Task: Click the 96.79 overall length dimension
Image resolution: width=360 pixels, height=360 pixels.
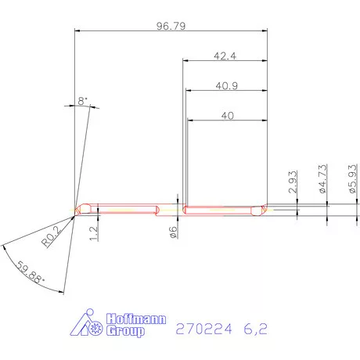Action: [171, 26]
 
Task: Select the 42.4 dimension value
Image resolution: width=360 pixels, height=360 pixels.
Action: [225, 56]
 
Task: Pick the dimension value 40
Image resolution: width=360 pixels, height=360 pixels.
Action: [228, 116]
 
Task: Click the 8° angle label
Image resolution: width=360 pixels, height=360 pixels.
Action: [83, 102]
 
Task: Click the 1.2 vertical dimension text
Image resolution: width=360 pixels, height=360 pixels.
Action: [94, 232]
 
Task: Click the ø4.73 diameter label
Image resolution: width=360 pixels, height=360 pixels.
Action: [322, 179]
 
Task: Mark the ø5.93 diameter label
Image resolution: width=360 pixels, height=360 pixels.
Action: [352, 178]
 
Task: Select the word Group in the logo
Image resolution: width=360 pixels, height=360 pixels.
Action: [124, 332]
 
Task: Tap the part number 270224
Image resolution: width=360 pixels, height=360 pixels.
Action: [205, 329]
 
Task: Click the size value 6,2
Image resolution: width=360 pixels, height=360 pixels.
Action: [254, 329]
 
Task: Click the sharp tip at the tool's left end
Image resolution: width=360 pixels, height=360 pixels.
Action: [75, 210]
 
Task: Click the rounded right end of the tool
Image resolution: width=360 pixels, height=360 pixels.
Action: [262, 209]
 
